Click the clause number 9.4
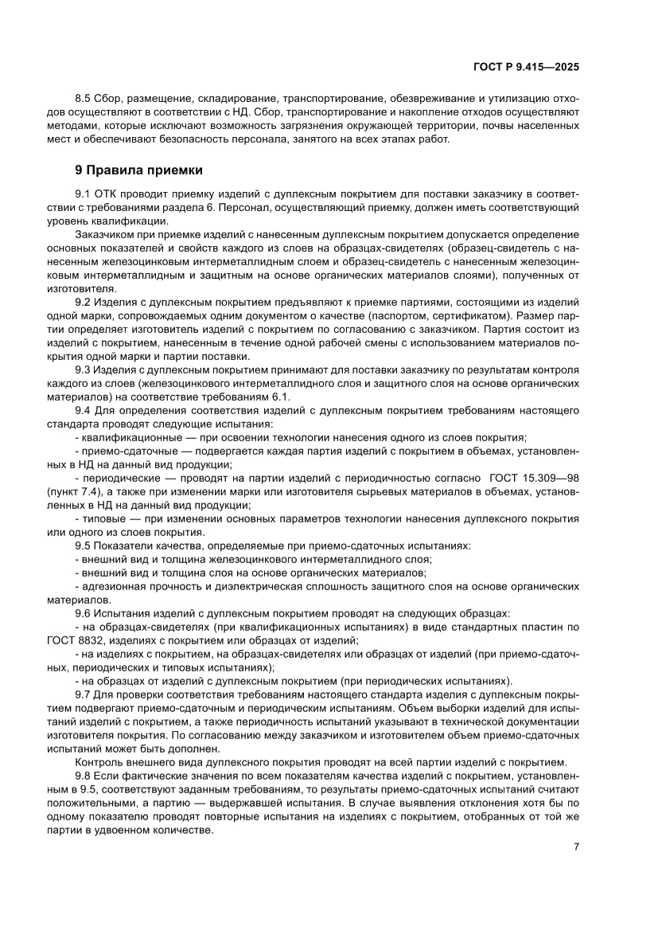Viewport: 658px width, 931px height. (x=84, y=410)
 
